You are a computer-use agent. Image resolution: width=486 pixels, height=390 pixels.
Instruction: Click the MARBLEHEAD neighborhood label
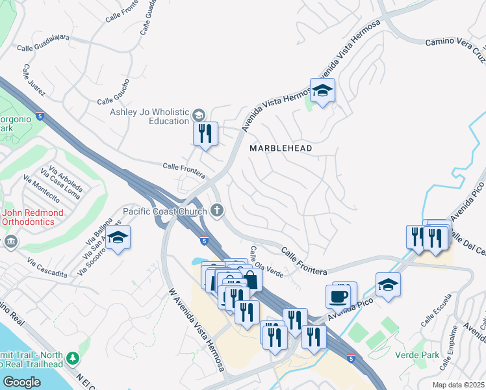[x=281, y=148]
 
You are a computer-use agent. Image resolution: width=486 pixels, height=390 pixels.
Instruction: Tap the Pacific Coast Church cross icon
[x=217, y=211]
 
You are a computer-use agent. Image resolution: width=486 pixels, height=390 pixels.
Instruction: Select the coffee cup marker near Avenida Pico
[x=338, y=296]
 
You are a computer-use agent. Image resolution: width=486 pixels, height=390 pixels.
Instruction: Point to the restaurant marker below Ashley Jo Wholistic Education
[x=205, y=135]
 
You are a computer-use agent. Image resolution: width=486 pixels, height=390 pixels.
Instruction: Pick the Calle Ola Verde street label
[x=266, y=262]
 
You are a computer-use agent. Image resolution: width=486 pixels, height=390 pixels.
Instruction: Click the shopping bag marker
[x=250, y=281]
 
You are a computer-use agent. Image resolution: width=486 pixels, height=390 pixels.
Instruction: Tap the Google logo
[x=21, y=382]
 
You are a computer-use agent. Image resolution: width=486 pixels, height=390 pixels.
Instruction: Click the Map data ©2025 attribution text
[x=457, y=385]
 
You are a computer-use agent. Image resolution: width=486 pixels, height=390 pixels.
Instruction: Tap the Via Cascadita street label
[x=47, y=268]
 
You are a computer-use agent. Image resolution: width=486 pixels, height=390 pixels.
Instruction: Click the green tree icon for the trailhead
[x=73, y=358]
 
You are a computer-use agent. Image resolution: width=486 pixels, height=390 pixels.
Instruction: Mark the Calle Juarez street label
[x=34, y=80]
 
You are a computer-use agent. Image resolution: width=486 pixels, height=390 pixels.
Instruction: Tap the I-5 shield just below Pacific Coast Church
[x=205, y=240]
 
